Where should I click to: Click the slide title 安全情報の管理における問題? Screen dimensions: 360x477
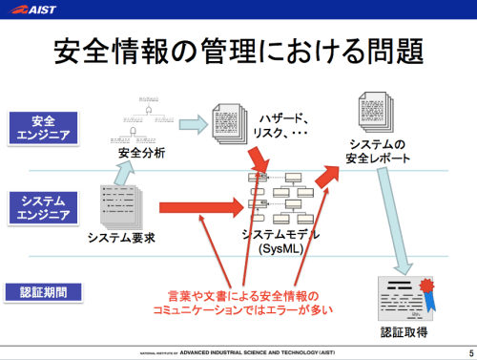(238, 53)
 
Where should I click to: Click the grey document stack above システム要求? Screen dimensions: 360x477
(119, 201)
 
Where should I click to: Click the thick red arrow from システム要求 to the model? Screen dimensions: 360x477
(200, 205)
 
